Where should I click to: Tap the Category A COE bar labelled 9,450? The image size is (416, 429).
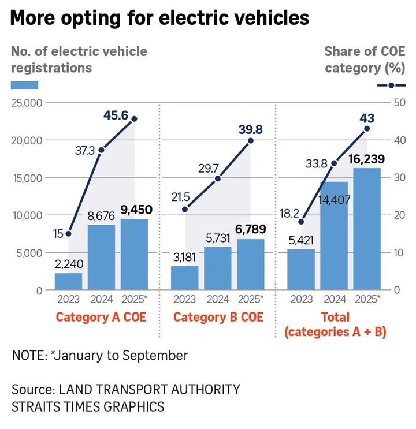coord(134,254)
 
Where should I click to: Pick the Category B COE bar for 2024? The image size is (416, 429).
coord(218,268)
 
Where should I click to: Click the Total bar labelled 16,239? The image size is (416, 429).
coord(367,229)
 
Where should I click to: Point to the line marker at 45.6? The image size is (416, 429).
coord(134,119)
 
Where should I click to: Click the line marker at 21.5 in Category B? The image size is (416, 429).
coord(185,209)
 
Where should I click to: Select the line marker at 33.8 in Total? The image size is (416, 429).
coord(333,163)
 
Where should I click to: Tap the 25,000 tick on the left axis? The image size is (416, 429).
coord(27,103)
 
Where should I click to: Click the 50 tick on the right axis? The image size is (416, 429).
coord(398,103)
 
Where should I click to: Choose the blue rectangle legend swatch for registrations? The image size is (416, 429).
coord(24,85)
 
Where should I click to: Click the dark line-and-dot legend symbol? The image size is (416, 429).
coord(391,85)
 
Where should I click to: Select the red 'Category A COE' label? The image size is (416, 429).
coord(101,317)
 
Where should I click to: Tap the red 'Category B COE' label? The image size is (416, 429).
coord(218,317)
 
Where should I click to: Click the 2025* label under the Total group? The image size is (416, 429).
coord(367,299)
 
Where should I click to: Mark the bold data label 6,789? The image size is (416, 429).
coord(251,228)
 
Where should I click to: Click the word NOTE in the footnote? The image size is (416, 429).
coord(27,355)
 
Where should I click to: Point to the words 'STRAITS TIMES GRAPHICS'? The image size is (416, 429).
coord(87,406)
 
